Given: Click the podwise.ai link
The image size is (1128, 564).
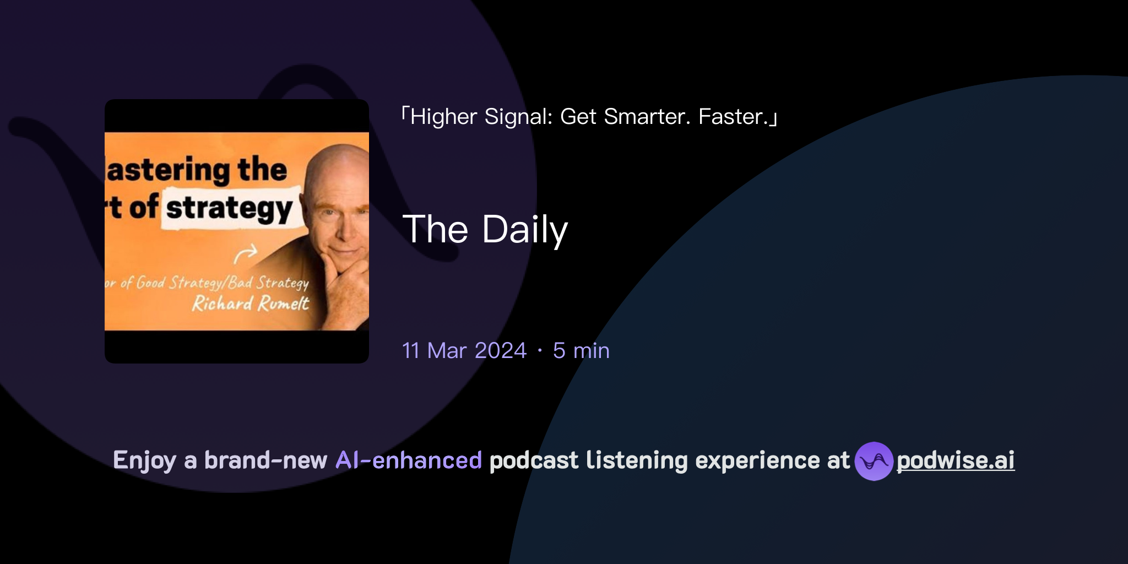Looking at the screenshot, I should pos(955,460).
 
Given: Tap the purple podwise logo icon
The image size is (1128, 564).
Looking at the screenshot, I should pos(874,461).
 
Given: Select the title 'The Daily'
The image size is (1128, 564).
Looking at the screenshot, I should pos(485,229).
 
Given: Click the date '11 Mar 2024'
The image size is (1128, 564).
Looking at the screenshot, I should pos(464,351).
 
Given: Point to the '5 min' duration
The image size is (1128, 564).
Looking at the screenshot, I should pos(581,351).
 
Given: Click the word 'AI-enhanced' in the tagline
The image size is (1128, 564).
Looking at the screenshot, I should pos(409,460).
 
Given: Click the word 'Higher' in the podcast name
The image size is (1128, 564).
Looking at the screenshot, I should pos(444,117).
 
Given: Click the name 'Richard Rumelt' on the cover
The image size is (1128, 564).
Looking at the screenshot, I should pos(250,303).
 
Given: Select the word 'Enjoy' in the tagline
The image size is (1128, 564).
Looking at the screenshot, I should pos(145,460).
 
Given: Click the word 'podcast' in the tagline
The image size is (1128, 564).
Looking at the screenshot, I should pos(534,460).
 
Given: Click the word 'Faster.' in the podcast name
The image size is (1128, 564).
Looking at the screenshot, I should pos(733,117).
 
